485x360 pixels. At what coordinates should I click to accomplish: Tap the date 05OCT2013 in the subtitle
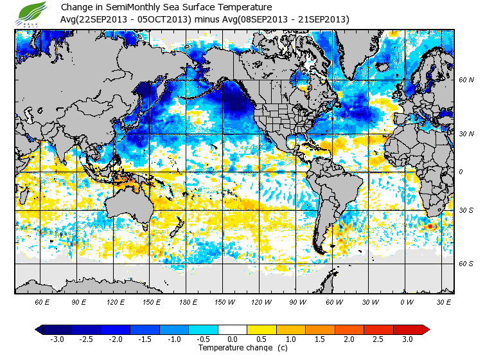(x=169, y=20)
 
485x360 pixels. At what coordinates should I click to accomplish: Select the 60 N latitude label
(x=466, y=80)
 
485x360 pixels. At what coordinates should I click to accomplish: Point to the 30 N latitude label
(x=466, y=134)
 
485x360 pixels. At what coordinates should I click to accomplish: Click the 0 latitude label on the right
(x=460, y=172)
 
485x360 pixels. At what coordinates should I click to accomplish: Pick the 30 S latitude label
(x=466, y=210)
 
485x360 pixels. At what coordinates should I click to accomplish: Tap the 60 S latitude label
(x=466, y=264)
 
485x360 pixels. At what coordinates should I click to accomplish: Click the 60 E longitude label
(x=42, y=301)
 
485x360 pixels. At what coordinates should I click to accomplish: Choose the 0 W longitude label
(x=406, y=301)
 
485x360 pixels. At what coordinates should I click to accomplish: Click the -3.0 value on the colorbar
(x=58, y=339)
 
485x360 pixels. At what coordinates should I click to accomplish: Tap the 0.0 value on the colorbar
(x=233, y=339)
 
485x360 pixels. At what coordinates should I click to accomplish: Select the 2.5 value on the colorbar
(x=378, y=339)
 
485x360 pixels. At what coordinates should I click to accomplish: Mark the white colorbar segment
(x=233, y=330)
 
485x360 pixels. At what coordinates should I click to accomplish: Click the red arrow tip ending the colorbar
(x=426, y=330)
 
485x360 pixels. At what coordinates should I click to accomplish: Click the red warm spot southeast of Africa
(x=428, y=226)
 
